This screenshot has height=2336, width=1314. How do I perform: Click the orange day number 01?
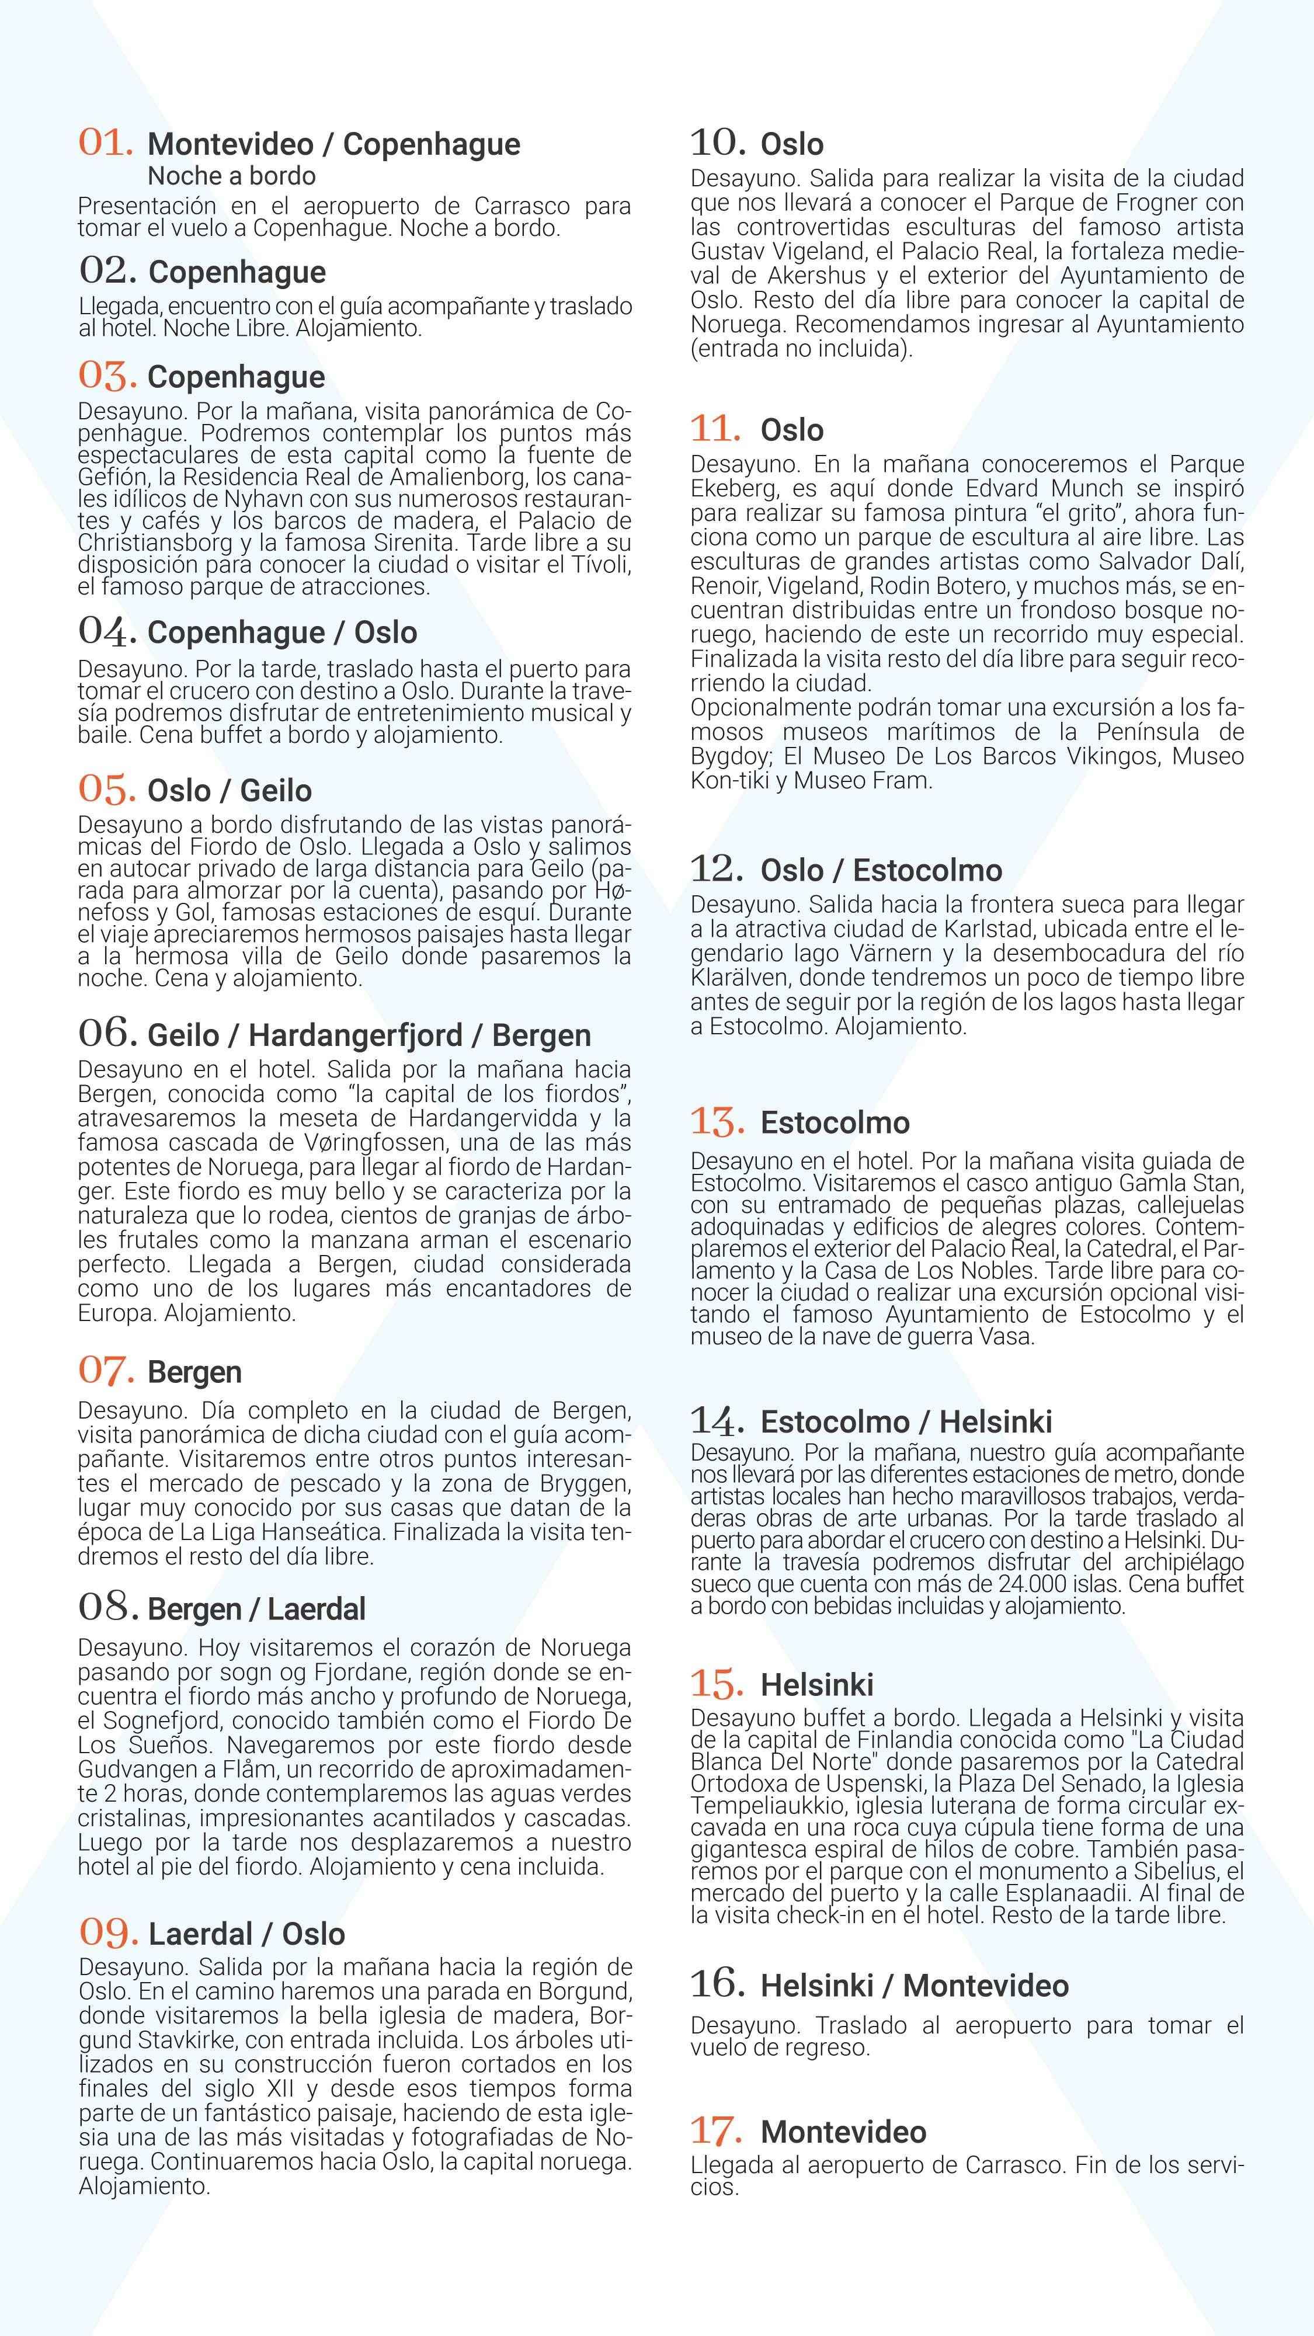[x=105, y=142]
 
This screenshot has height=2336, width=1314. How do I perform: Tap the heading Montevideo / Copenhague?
[x=333, y=144]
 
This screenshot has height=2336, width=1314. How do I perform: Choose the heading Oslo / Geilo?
[x=230, y=791]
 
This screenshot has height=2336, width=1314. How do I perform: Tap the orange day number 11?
[x=715, y=428]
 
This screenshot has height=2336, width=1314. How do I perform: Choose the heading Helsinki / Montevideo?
[x=914, y=1986]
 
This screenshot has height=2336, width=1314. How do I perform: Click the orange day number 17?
[x=717, y=2131]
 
